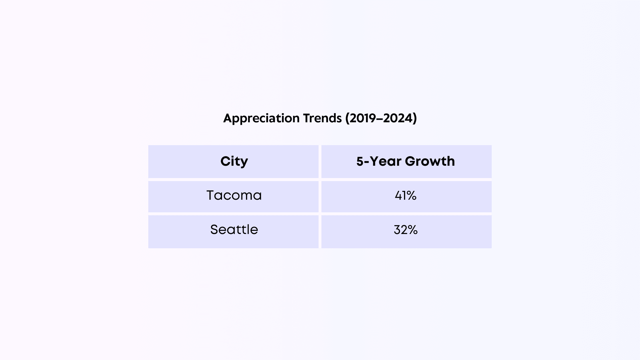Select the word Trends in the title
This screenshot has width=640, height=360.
click(322, 118)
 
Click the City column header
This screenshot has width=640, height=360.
click(234, 161)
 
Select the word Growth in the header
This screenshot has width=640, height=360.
click(430, 161)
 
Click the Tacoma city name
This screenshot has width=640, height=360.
click(234, 196)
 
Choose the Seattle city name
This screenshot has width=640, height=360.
click(234, 230)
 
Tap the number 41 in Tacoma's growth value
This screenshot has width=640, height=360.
click(400, 196)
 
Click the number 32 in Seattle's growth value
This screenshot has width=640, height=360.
click(400, 230)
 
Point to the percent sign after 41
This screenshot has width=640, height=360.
click(411, 196)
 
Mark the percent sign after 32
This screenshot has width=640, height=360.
click(412, 230)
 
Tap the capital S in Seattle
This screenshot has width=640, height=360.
click(215, 230)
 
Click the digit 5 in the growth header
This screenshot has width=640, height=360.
click(360, 161)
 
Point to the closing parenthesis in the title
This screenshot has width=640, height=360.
click(415, 118)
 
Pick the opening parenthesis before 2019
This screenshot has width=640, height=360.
click(347, 118)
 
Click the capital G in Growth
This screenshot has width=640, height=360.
click(411, 161)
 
